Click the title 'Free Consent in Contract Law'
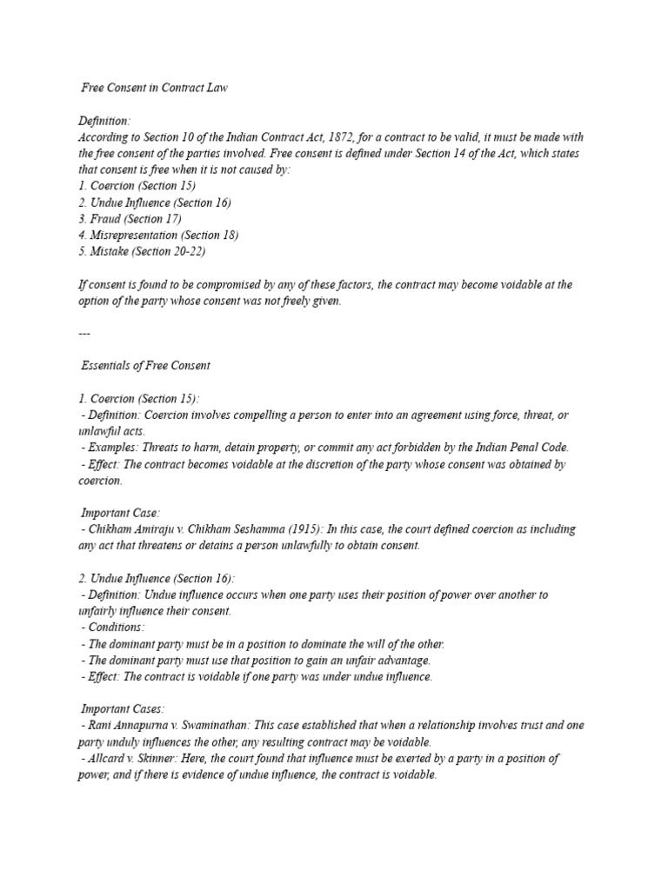click(x=154, y=89)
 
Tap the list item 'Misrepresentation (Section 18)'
click(x=157, y=235)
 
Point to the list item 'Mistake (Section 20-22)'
click(x=142, y=251)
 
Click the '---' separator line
click(x=83, y=333)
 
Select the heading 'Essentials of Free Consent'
click(x=145, y=366)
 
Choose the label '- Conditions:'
click(x=113, y=628)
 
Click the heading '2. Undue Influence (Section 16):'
click(x=157, y=578)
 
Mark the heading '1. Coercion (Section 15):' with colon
click(x=138, y=399)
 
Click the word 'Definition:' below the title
click(x=104, y=122)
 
